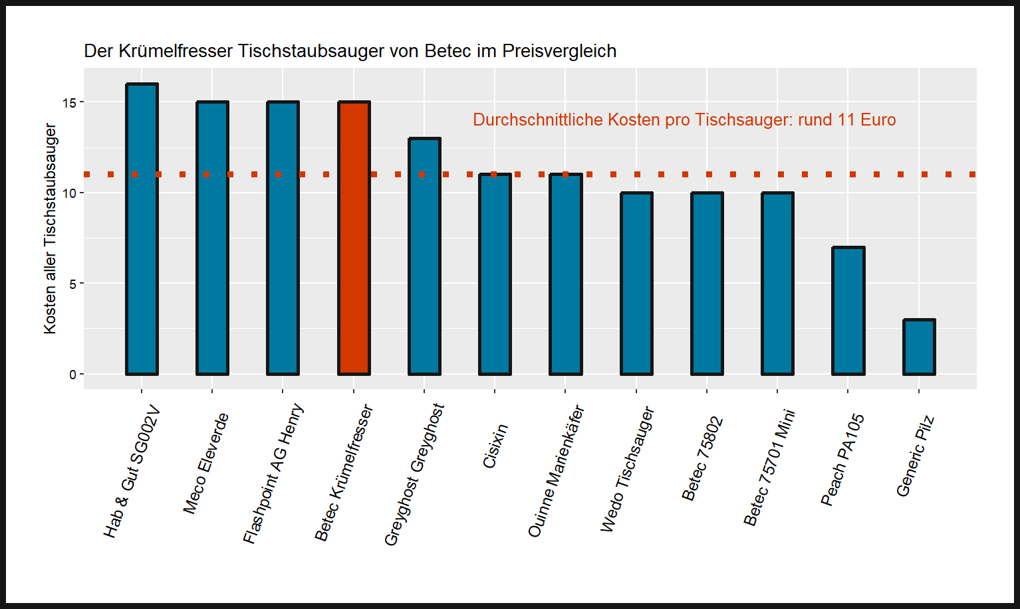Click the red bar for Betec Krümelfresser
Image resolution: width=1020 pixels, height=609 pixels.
pyautogui.click(x=354, y=239)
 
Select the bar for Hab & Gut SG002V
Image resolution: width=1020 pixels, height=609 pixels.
pyautogui.click(x=142, y=229)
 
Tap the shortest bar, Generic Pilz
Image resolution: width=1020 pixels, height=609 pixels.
pyautogui.click(x=919, y=347)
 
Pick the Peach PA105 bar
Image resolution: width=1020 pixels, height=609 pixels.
pyautogui.click(x=848, y=311)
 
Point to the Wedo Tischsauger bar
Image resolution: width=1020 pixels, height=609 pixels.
pyautogui.click(x=636, y=284)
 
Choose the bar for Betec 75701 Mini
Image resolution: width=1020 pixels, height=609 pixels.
pyautogui.click(x=777, y=284)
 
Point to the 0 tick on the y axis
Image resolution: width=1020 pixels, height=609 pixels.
pyautogui.click(x=72, y=375)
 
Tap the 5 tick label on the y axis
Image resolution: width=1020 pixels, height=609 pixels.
pyautogui.click(x=72, y=284)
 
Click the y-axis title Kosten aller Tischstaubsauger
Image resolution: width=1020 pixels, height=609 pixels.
pyautogui.click(x=51, y=228)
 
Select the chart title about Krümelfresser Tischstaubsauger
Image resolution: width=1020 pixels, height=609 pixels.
pyautogui.click(x=350, y=51)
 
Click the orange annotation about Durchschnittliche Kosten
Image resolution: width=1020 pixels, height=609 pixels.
pyautogui.click(x=684, y=120)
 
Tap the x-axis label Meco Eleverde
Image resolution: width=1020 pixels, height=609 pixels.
pyautogui.click(x=206, y=463)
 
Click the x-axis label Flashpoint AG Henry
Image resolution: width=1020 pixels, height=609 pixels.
pyautogui.click(x=273, y=474)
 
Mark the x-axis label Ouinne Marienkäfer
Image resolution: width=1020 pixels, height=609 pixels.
pyautogui.click(x=556, y=471)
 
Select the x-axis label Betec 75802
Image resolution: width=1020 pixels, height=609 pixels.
pyautogui.click(x=702, y=458)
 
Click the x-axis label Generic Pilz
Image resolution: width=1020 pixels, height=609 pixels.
pyautogui.click(x=916, y=456)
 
